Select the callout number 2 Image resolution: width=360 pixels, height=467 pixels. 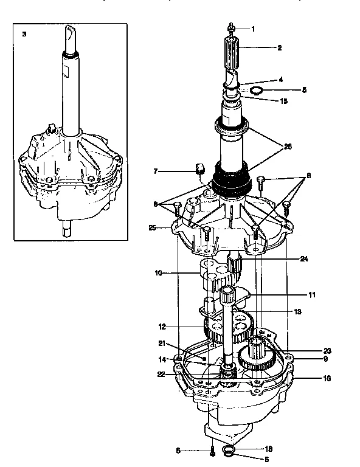[279, 47]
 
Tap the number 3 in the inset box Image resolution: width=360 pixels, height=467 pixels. [24, 34]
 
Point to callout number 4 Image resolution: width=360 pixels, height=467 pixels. [280, 80]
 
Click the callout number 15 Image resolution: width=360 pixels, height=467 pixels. [284, 101]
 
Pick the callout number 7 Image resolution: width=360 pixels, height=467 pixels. [156, 172]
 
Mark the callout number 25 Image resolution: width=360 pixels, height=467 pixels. [153, 227]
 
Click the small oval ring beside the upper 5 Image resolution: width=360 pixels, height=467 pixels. [256, 91]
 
